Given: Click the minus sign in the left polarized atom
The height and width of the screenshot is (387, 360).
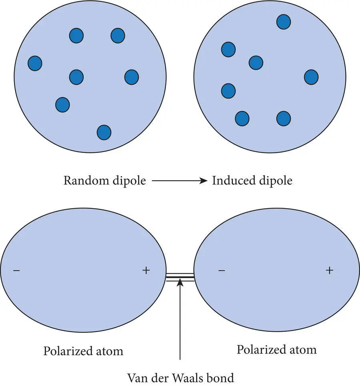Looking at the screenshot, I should click(x=16, y=271).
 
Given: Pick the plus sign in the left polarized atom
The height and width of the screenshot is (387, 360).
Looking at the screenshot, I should click(x=146, y=271).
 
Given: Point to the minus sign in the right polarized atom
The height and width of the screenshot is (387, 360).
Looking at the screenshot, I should click(x=222, y=271).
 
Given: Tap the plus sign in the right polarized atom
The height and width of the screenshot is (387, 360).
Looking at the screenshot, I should click(x=329, y=271).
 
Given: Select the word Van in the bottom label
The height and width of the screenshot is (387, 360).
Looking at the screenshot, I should click(x=136, y=377).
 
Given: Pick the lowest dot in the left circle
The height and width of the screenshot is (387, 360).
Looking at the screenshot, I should click(x=104, y=132).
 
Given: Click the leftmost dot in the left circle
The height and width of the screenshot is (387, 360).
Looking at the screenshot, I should click(x=35, y=63).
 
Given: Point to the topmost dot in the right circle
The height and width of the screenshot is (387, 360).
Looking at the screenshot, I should click(x=284, y=22).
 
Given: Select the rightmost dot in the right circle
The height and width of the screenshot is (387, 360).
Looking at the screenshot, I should click(x=311, y=77).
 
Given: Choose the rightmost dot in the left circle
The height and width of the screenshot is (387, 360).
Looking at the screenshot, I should click(x=132, y=77).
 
